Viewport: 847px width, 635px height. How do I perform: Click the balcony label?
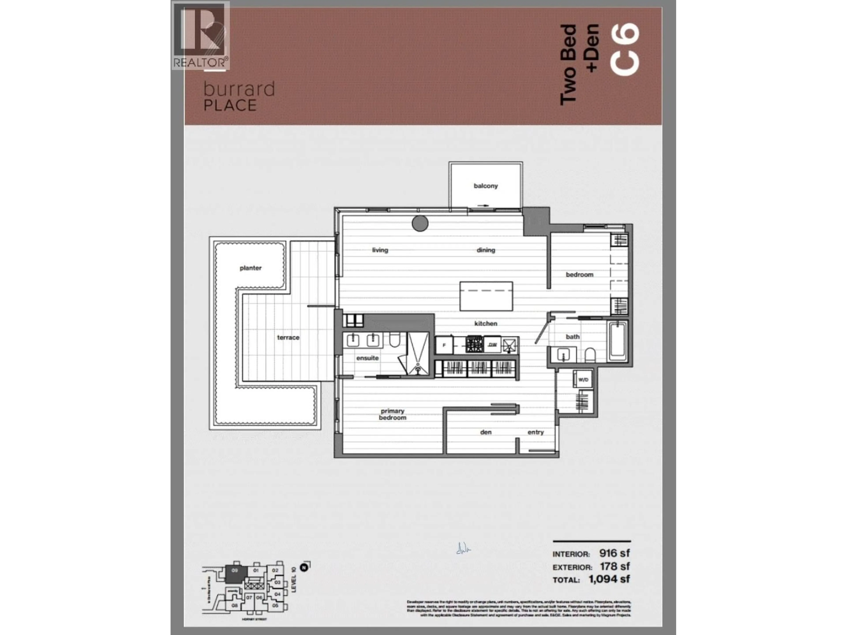coord(485,186)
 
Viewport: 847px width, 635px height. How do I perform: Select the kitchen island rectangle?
coord(486,297)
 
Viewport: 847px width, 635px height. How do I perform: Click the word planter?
coord(250,268)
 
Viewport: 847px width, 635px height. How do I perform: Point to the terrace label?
coord(288,338)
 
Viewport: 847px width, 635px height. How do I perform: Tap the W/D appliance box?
coord(583,380)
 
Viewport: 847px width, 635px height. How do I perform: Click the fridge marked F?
coord(444,345)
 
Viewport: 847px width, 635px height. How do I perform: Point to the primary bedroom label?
coord(392,414)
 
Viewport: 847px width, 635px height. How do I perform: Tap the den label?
coord(485,432)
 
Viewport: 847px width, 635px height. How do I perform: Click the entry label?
coord(535,432)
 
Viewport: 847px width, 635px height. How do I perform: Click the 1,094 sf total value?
coord(609,579)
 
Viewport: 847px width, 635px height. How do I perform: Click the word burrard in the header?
coord(239,89)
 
